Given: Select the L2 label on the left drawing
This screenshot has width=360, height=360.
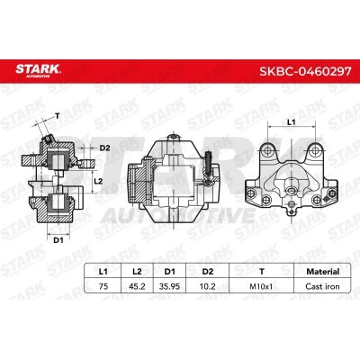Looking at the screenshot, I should (101, 182).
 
